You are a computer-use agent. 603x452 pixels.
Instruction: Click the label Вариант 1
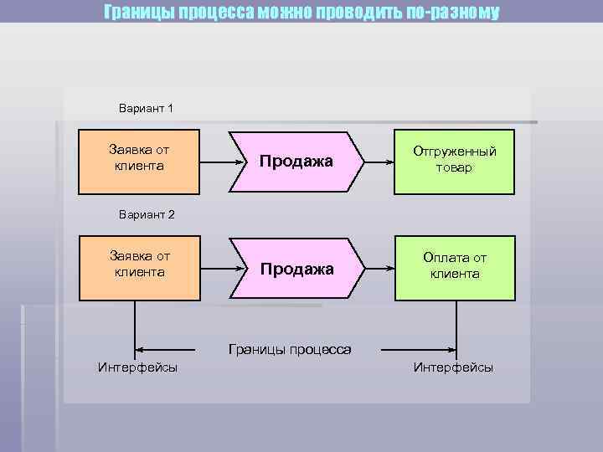(146, 108)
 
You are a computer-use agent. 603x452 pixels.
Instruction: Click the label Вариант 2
(146, 214)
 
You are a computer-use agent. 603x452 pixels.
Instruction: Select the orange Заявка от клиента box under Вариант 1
(139, 161)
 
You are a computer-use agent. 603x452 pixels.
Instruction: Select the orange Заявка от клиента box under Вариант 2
(139, 269)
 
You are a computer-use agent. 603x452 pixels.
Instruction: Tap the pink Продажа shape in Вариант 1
(296, 161)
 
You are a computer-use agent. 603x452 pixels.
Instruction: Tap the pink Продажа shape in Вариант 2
(296, 269)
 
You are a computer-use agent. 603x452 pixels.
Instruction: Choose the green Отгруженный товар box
(454, 161)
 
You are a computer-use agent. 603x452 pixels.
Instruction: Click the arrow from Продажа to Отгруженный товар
(381, 162)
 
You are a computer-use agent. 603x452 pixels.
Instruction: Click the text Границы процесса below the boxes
(290, 349)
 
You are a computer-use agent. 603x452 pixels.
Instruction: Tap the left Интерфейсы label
(137, 367)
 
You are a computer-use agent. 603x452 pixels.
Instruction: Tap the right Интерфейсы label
(453, 367)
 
